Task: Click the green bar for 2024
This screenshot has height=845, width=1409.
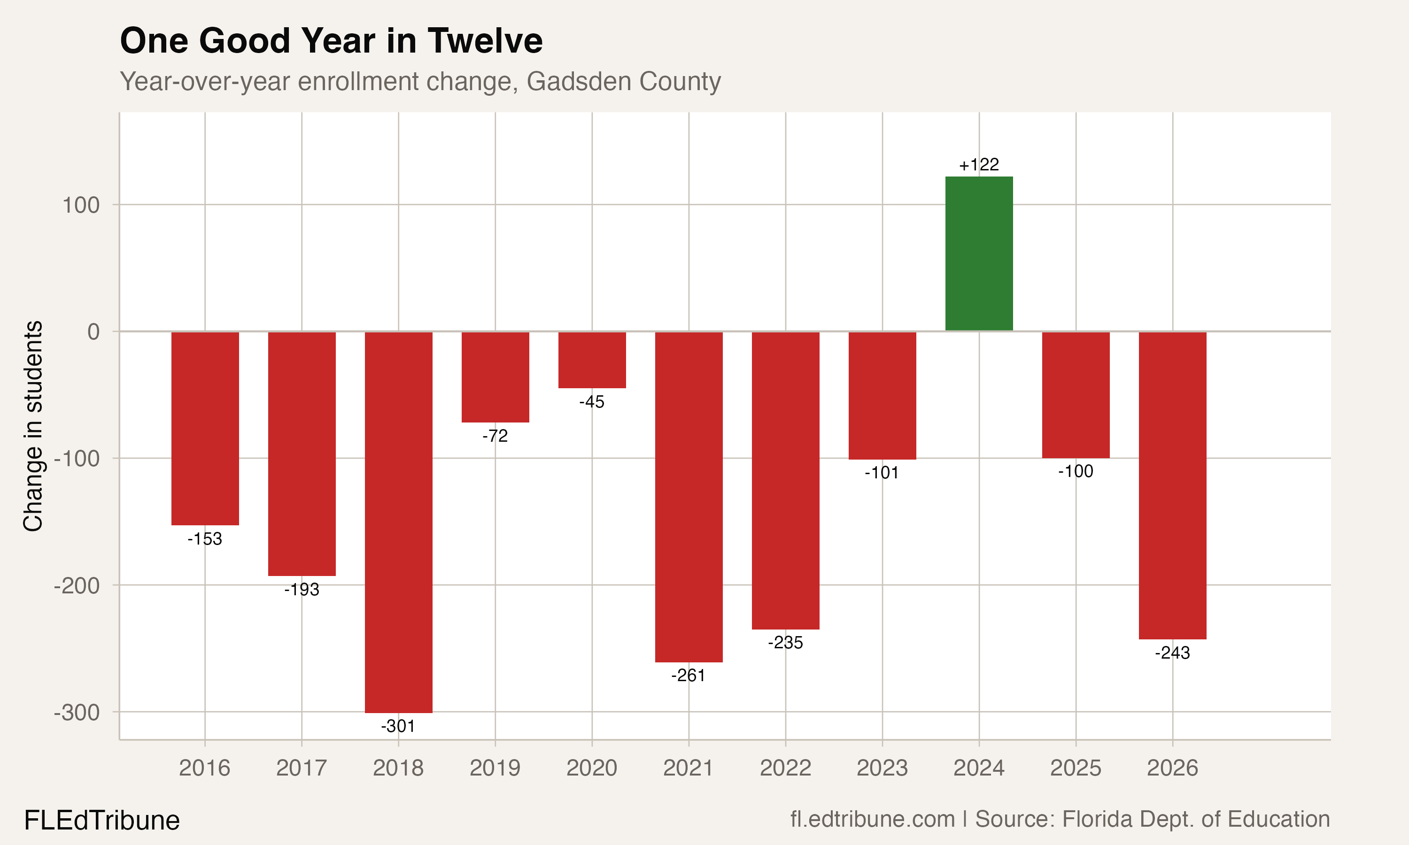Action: [979, 253]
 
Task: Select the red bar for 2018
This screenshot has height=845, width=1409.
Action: [398, 522]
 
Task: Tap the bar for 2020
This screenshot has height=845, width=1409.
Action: [592, 360]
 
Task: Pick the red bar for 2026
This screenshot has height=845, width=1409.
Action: [1172, 485]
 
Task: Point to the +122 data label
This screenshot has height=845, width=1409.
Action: [979, 165]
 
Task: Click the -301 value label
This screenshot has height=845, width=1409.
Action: [398, 726]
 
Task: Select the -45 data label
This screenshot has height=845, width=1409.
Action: [592, 402]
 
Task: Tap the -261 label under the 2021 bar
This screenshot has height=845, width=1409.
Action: [688, 676]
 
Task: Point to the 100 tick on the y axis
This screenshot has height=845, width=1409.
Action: [81, 205]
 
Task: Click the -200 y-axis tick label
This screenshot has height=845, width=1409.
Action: [77, 585]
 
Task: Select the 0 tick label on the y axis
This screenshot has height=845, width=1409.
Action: [93, 332]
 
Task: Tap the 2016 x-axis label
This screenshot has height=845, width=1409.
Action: [204, 768]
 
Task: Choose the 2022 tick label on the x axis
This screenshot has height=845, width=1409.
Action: [785, 768]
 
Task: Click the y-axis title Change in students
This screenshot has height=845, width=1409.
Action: [33, 426]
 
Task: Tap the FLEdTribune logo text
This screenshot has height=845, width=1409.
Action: [102, 821]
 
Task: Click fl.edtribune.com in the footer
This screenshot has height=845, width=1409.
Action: [872, 819]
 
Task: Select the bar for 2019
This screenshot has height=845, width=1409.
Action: [495, 377]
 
